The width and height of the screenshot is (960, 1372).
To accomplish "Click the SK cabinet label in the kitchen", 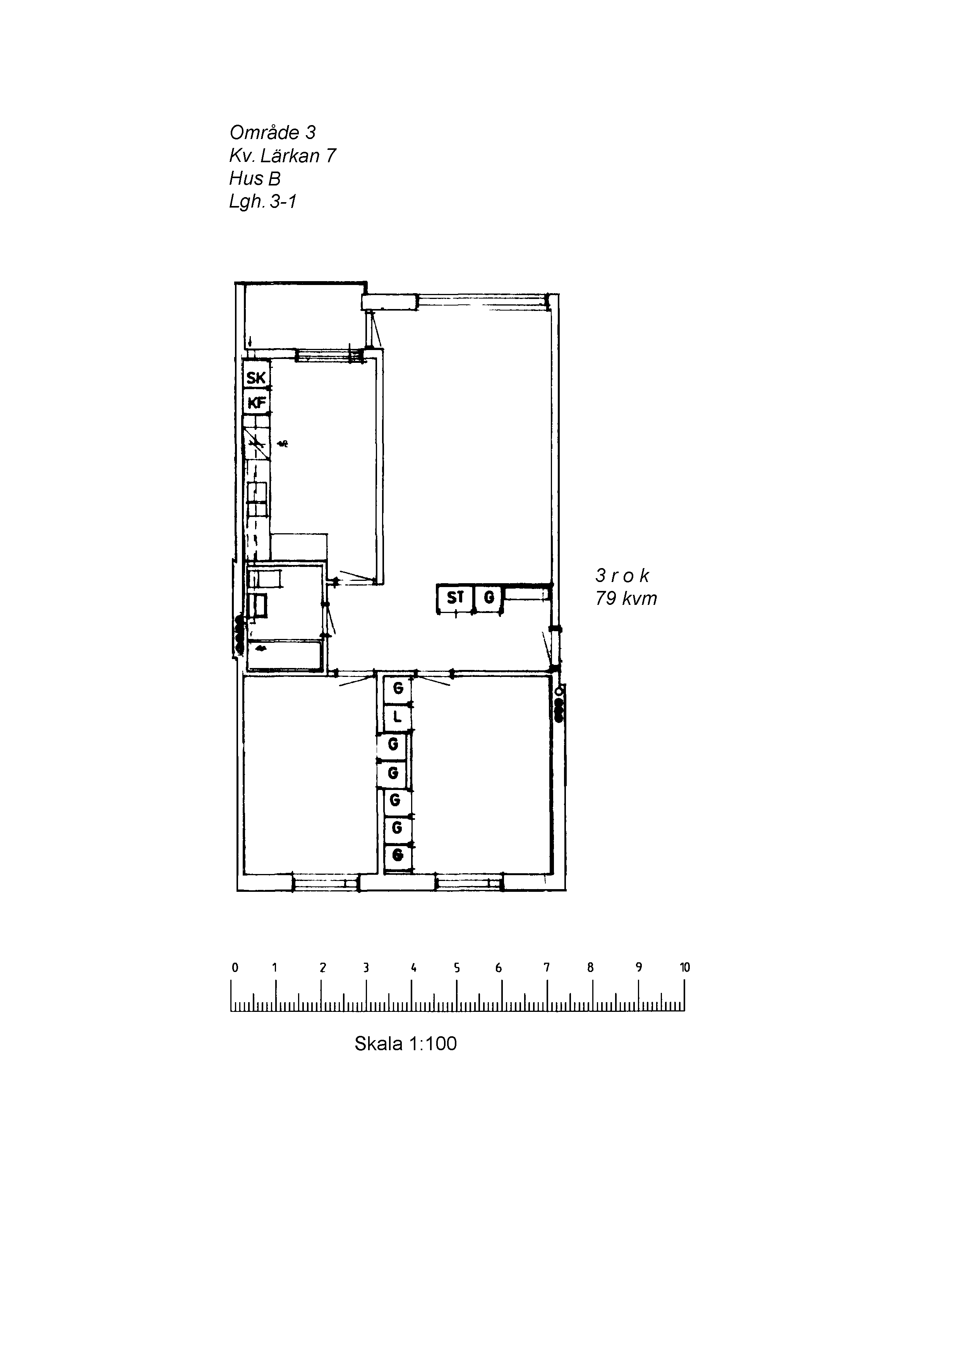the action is (x=256, y=378).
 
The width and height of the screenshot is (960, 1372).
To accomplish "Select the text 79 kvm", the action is (x=626, y=598).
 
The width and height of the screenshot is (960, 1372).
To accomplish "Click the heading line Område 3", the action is (x=273, y=132).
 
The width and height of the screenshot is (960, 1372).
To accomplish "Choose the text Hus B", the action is (x=254, y=179).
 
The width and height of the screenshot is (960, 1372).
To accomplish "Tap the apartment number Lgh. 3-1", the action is (x=263, y=202).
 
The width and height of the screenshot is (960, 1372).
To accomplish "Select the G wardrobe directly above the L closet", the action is (x=397, y=689).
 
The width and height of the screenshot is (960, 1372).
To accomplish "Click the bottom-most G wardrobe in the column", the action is (x=397, y=855).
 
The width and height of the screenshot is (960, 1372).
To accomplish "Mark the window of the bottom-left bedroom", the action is (x=326, y=882).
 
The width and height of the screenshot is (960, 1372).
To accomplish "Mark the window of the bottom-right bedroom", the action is (x=469, y=882).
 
